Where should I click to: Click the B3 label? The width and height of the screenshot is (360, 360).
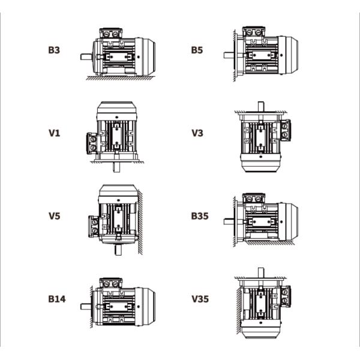point(54,50)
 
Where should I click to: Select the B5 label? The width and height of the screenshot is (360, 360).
point(197,50)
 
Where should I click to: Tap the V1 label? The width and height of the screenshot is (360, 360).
point(54,133)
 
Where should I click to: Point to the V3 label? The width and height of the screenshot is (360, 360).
point(197,133)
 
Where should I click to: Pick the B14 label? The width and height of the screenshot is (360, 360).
point(57,298)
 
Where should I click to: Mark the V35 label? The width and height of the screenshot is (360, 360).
point(200,298)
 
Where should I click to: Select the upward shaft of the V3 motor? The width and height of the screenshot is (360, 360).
point(260,106)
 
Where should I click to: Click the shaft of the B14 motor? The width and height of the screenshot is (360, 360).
point(86,305)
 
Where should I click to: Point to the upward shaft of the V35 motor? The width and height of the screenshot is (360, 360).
point(260,272)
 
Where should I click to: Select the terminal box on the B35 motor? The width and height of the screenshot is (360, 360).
point(254,199)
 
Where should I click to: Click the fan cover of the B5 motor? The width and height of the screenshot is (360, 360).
point(290,53)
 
